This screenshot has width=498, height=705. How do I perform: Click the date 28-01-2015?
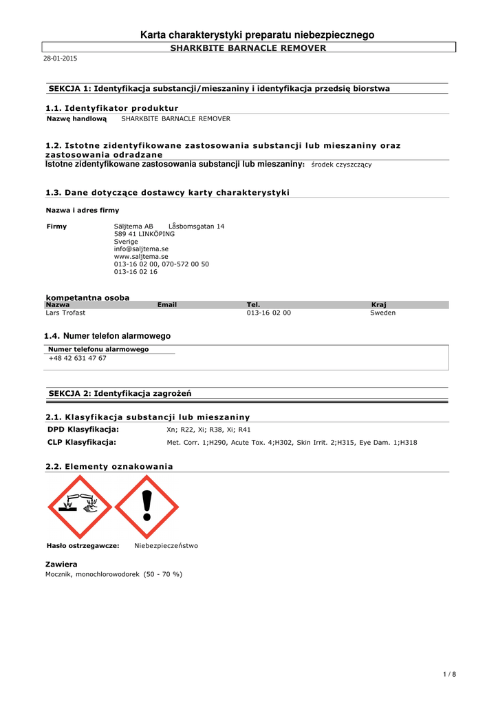click(x=61, y=59)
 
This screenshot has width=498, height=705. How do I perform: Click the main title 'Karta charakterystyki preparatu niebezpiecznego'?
click(x=257, y=34)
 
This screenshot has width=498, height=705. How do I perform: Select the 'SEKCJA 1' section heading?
click(x=219, y=89)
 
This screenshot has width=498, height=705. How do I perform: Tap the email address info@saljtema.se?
click(x=141, y=249)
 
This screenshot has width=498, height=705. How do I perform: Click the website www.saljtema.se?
click(x=141, y=256)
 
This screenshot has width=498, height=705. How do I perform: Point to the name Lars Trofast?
click(x=65, y=313)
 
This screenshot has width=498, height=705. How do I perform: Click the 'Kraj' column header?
click(x=378, y=304)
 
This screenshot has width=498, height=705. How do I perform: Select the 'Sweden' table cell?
click(x=382, y=313)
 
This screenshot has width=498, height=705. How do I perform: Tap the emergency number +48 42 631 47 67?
click(x=77, y=358)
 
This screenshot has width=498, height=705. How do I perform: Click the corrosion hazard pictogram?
click(x=80, y=507)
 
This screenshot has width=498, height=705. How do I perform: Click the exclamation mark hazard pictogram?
click(x=147, y=507)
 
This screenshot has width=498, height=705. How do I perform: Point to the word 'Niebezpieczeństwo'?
click(x=166, y=546)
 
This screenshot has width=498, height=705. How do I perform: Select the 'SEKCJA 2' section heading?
click(x=120, y=393)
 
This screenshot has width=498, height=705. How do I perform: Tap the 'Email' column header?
click(x=167, y=304)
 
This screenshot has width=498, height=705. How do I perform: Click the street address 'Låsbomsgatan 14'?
click(x=196, y=226)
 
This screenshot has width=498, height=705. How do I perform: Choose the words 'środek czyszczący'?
click(x=342, y=165)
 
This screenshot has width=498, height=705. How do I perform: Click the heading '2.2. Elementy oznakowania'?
click(x=109, y=466)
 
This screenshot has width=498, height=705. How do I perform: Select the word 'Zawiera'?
click(x=61, y=564)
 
